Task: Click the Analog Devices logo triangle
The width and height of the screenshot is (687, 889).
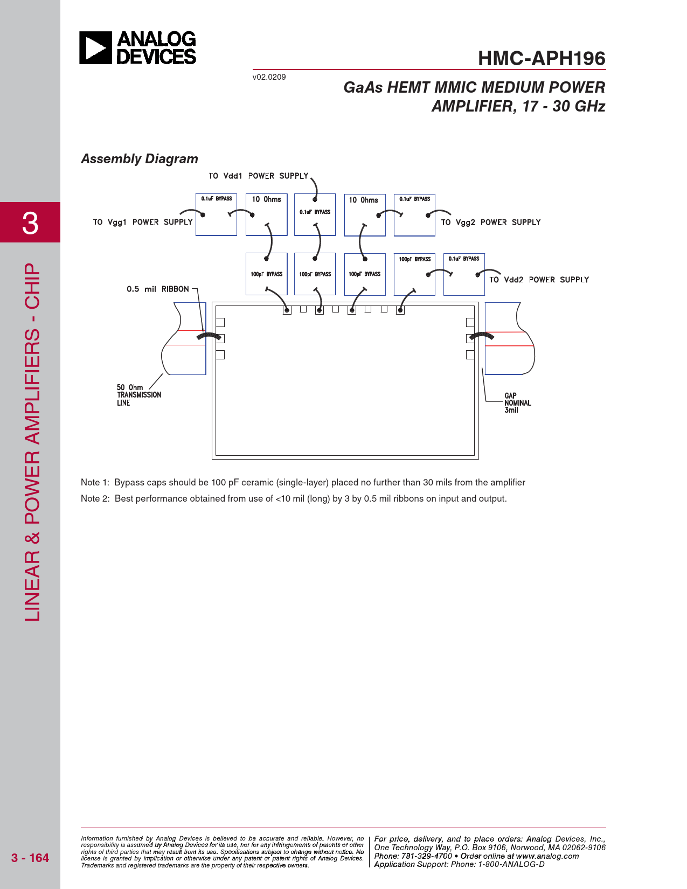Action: (95, 48)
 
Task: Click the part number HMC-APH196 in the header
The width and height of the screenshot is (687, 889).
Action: (542, 59)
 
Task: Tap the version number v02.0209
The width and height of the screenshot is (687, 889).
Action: (269, 77)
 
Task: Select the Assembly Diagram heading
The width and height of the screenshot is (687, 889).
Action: (140, 159)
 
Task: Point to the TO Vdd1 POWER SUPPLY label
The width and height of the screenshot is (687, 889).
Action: (258, 176)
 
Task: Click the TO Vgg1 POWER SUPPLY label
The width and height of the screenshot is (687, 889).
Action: (142, 222)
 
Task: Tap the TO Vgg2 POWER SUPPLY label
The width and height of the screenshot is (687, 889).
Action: (490, 223)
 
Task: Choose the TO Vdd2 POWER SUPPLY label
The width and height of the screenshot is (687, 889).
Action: (539, 280)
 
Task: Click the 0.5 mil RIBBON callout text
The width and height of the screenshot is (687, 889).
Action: (157, 289)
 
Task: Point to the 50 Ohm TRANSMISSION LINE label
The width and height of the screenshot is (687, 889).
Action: (138, 395)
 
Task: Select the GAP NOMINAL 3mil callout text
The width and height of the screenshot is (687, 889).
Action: (518, 403)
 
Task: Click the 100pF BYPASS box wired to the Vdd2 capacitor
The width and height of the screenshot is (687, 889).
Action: (414, 275)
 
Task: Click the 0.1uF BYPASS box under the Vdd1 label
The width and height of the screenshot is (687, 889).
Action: (315, 215)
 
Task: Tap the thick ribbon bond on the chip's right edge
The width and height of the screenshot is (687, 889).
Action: (482, 336)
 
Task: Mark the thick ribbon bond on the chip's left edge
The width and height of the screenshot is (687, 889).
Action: (209, 336)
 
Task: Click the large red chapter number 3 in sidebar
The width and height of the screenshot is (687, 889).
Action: (30, 224)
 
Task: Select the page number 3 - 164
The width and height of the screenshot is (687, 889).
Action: (30, 858)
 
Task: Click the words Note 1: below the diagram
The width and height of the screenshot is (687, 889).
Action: (95, 483)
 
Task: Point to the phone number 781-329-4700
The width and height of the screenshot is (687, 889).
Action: (426, 856)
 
